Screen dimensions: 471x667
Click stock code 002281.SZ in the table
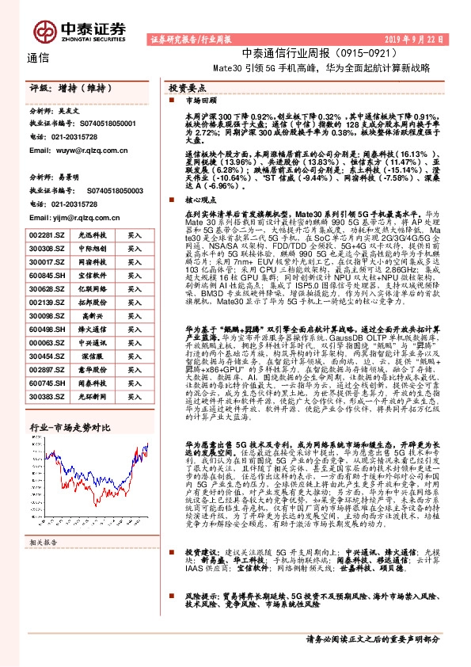[x=46, y=235]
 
